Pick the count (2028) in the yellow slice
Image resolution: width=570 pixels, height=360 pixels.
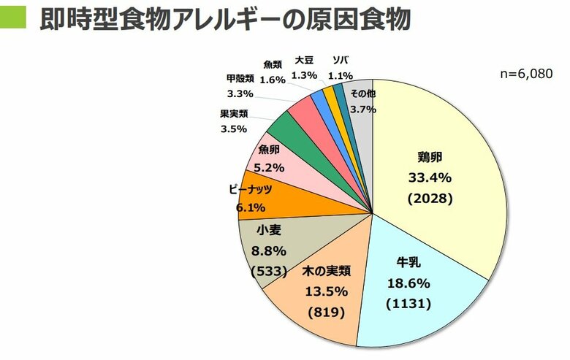click(x=430, y=198)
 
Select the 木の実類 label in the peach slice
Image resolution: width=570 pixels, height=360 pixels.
click(x=327, y=271)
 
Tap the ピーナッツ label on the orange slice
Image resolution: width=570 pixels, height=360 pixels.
click(x=251, y=189)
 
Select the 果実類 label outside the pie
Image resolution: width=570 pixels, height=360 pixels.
click(x=234, y=114)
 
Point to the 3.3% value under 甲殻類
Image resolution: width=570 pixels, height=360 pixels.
click(x=240, y=93)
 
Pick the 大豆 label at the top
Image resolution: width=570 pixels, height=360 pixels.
click(x=305, y=60)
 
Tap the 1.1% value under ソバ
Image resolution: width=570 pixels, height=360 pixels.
click(x=341, y=74)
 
